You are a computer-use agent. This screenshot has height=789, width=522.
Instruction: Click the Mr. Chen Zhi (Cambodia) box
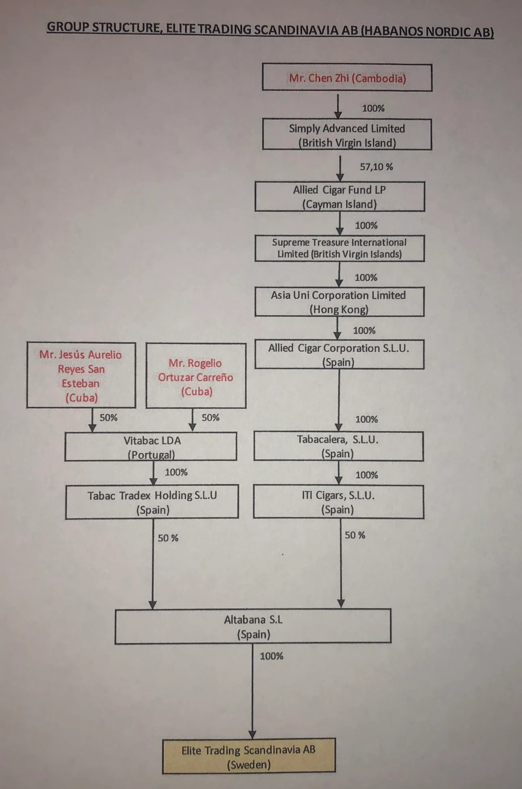click(347, 78)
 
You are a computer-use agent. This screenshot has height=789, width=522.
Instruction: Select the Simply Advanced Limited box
click(347, 134)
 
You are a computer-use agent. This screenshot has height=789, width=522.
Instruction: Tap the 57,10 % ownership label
click(376, 167)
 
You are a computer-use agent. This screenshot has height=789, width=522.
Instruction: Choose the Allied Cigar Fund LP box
click(340, 196)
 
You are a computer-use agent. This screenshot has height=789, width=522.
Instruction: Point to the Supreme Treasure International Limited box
click(340, 248)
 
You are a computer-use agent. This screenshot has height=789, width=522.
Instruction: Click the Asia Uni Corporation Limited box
click(339, 302)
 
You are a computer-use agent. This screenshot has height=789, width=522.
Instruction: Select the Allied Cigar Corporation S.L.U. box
click(339, 354)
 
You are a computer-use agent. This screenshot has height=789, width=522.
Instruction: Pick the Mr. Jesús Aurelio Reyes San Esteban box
click(81, 375)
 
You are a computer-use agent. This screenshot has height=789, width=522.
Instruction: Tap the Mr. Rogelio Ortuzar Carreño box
click(196, 376)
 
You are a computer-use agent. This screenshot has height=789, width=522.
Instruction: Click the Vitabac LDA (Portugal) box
click(151, 447)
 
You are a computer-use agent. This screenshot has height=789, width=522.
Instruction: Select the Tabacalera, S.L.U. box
click(338, 446)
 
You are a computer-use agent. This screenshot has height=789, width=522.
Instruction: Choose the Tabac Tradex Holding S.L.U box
click(152, 502)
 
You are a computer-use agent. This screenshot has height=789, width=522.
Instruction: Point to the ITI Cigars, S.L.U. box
click(338, 502)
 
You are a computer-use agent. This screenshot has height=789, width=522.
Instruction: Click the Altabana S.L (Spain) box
click(253, 626)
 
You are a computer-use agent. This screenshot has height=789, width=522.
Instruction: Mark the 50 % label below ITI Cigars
click(355, 535)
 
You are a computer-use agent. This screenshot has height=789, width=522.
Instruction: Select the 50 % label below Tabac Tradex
click(168, 538)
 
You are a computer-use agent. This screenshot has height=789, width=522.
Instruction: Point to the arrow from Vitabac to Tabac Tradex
click(153, 473)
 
